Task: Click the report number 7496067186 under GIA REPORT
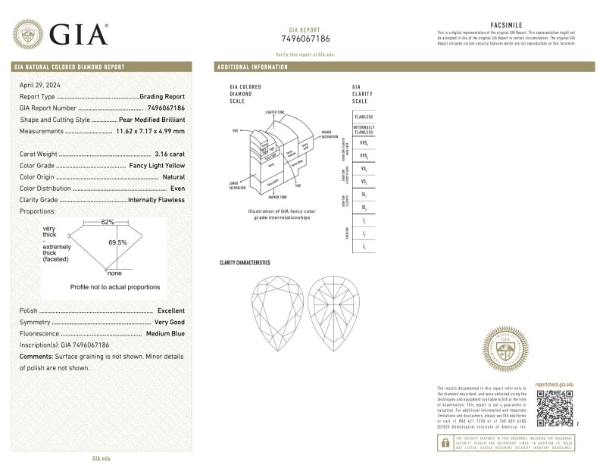[305, 39]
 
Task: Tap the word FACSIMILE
[505, 25]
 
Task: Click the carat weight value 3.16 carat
[169, 153]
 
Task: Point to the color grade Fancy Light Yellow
[155, 165]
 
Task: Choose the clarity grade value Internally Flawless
[158, 200]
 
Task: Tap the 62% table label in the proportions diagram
[108, 222]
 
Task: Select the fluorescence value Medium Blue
[164, 334]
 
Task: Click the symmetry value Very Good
[169, 323]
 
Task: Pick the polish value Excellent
[170, 311]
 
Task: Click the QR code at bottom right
[554, 409]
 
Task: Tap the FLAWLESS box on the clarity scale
[364, 117]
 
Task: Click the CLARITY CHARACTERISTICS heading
[244, 263]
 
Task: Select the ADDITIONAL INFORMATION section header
[252, 67]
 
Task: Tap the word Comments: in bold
[36, 356]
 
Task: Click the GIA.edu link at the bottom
[102, 459]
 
